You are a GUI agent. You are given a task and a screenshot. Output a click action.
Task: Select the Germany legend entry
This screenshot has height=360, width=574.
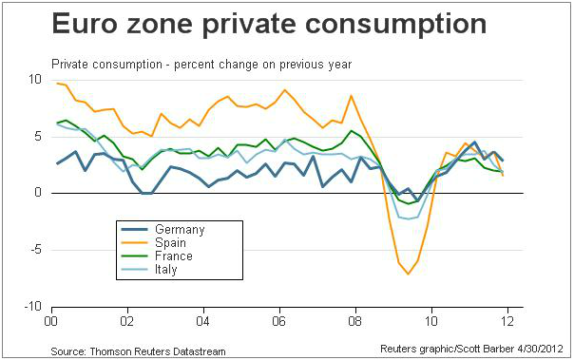163,229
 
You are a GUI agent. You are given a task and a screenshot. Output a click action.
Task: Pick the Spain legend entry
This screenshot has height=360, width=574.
154,242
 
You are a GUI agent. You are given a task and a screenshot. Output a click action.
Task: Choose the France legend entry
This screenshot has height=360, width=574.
157,256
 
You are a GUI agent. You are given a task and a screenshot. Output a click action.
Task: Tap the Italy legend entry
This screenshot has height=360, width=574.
149,269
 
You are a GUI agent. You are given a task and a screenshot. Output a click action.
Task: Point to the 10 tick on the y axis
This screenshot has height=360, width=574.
35,80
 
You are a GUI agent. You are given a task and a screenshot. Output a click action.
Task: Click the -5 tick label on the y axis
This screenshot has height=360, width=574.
34,250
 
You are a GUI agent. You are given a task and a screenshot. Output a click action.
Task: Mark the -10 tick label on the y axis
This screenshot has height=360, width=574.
32,307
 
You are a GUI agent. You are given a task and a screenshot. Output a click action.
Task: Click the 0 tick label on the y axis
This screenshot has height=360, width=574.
38,193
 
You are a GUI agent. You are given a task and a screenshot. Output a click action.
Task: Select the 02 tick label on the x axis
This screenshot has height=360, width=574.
127,321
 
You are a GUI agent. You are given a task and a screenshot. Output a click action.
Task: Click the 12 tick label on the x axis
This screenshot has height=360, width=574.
507,321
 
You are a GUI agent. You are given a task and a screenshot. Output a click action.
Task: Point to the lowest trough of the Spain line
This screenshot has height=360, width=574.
409,274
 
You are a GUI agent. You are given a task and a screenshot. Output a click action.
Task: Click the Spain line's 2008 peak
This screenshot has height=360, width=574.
352,96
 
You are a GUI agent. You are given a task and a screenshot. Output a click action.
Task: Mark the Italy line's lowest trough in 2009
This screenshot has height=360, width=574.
409,218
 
